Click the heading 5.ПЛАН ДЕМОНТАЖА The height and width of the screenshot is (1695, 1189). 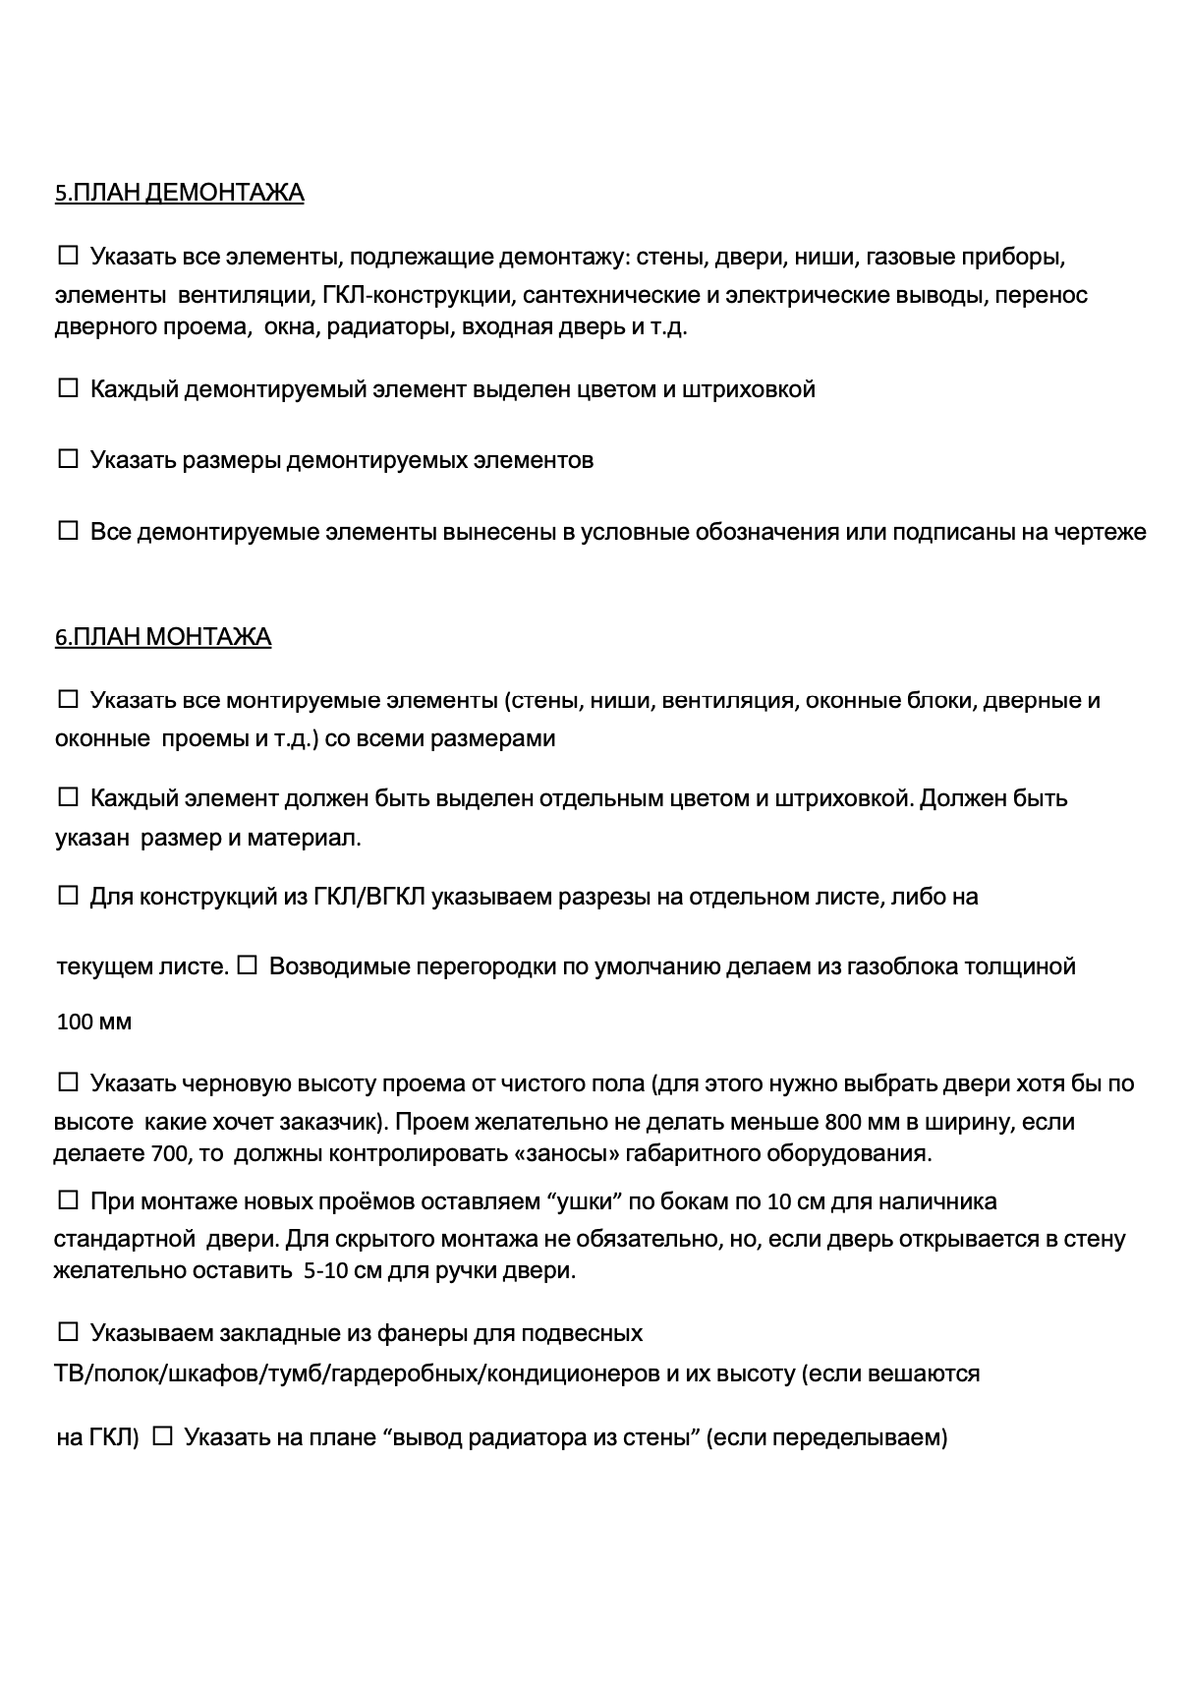point(179,193)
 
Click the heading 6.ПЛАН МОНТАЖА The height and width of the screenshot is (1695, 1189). point(163,637)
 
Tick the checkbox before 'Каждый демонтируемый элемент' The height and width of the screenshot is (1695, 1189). point(68,388)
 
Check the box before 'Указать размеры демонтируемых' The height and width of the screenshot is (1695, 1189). point(68,459)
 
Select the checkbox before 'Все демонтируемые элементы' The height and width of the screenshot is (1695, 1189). point(68,531)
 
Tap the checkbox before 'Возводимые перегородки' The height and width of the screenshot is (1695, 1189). point(247,965)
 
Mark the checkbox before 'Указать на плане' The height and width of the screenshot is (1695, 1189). point(163,1436)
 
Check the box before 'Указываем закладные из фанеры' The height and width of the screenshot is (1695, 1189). point(68,1332)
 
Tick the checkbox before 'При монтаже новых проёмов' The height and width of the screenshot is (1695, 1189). point(68,1200)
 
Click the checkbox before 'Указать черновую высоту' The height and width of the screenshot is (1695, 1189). point(68,1082)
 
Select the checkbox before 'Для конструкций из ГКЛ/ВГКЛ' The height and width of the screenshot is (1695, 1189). point(68,896)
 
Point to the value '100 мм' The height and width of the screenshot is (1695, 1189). point(93,1023)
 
